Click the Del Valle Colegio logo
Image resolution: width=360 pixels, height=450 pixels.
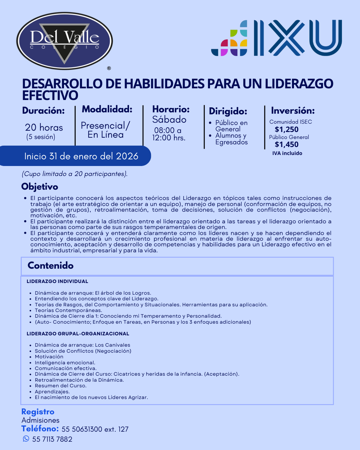65,41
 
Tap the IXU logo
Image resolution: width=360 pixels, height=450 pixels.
277,38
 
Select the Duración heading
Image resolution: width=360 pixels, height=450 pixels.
43,111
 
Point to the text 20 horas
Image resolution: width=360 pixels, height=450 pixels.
44,127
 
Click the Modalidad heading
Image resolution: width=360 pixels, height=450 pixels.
107,109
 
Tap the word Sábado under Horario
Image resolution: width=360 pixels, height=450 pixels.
169,120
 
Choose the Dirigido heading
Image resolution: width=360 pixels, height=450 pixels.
228,111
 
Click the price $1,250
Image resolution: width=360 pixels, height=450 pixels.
287,129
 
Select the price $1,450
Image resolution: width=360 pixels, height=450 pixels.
287,144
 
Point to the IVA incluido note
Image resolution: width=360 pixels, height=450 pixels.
287,153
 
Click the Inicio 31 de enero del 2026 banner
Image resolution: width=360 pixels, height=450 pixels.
81,156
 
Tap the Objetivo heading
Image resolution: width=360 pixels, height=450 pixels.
40,187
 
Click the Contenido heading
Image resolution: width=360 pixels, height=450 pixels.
51,266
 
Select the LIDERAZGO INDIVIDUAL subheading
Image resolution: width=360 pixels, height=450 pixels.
57,281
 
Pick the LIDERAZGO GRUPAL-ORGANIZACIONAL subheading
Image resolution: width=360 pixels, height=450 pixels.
78,334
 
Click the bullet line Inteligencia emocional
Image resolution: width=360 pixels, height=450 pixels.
65,363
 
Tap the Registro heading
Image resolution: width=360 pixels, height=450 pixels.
38,412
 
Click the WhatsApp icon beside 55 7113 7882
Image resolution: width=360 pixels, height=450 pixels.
26,439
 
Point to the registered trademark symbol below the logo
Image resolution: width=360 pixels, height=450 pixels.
109,68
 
